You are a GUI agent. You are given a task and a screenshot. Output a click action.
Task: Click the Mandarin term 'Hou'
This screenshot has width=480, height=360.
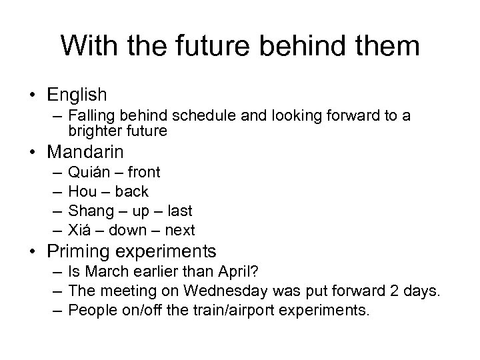tap(81, 191)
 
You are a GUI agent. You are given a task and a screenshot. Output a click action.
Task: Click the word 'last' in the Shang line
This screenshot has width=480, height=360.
tap(179, 211)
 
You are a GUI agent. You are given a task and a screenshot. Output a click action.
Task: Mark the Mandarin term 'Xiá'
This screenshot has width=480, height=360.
tap(80, 230)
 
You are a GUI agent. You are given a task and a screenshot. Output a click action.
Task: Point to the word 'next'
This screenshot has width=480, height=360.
tap(181, 230)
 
